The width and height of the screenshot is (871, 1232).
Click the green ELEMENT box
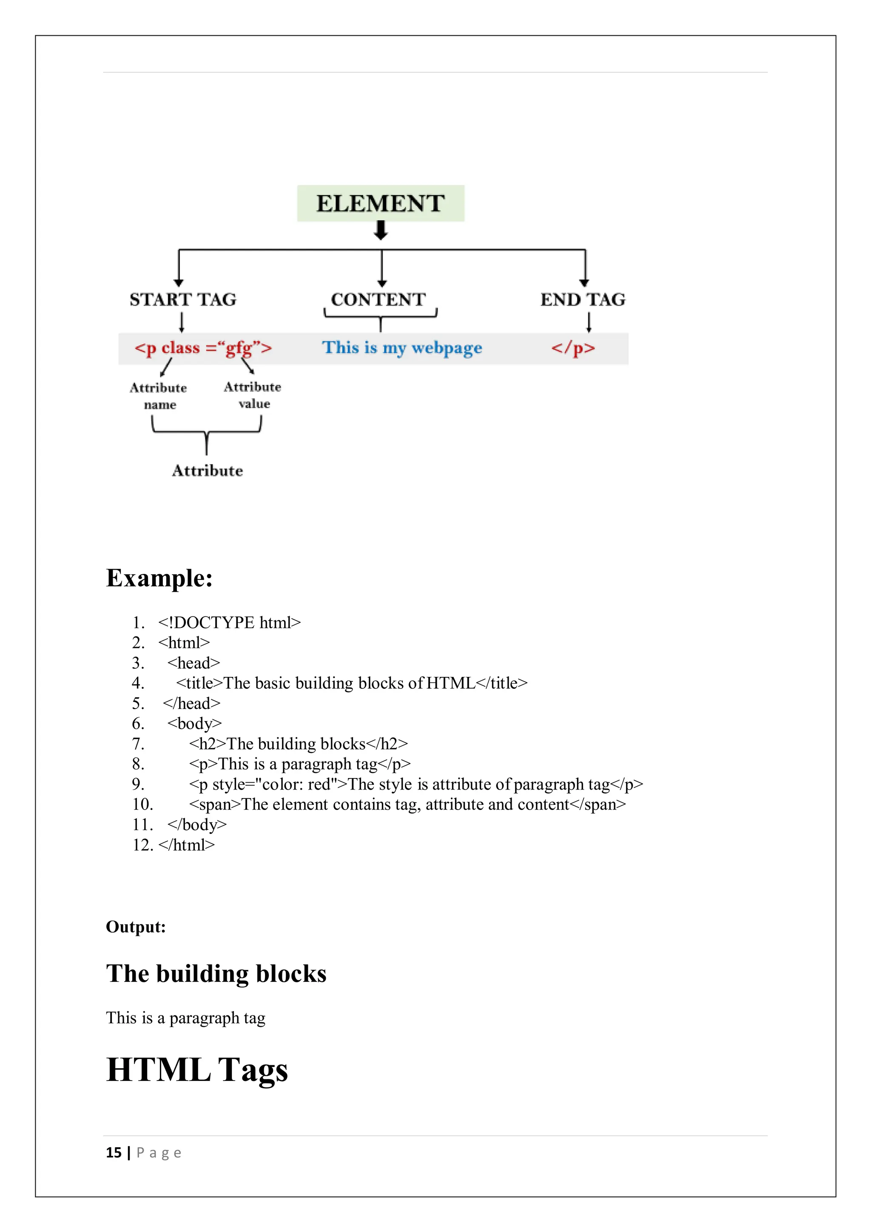click(x=380, y=203)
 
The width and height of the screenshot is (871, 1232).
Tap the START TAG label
click(x=183, y=299)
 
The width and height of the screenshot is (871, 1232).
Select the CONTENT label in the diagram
click(x=378, y=299)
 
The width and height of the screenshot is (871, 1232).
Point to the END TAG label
click(x=583, y=299)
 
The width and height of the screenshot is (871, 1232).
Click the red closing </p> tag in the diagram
click(x=573, y=348)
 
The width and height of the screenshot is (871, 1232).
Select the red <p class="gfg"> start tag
click(x=203, y=348)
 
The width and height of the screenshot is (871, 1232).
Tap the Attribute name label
click(x=159, y=396)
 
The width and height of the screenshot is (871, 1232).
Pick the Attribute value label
click(x=253, y=395)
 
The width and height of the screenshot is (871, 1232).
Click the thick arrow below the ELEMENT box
click(x=381, y=231)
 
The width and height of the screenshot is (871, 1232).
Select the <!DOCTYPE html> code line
click(x=230, y=622)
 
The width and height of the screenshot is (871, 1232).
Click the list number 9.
click(x=138, y=784)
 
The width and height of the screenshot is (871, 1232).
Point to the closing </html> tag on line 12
click(x=187, y=845)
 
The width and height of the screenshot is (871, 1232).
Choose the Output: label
click(x=136, y=927)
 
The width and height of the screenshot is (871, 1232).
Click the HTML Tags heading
click(x=197, y=1069)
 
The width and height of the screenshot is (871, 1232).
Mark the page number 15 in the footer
click(x=114, y=1152)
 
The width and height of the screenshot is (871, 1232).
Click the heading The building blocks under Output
click(x=216, y=974)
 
